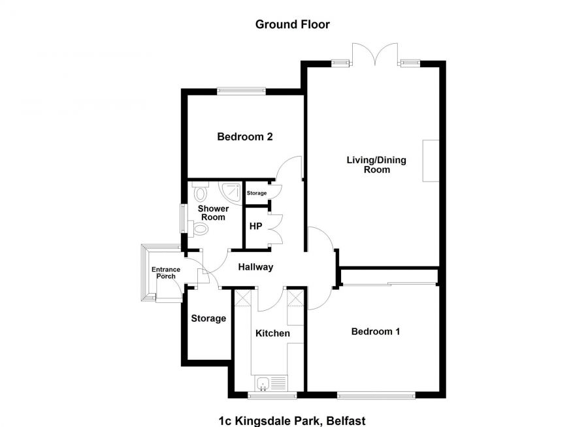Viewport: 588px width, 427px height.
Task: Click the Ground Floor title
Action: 292,25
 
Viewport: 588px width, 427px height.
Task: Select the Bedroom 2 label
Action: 244,137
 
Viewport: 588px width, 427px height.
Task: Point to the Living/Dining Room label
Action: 377,165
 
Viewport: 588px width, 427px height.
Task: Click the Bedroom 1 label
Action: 376,332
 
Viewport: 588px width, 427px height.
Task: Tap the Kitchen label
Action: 272,334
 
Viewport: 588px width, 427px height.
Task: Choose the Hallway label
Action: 255,267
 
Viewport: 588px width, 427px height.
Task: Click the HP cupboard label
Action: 256,227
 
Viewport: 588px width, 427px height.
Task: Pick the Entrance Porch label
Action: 163,273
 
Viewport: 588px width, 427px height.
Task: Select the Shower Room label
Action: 213,213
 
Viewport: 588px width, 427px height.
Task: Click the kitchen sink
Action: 264,384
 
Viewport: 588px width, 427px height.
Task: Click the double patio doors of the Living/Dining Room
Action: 374,55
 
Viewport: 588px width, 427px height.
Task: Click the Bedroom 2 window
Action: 242,92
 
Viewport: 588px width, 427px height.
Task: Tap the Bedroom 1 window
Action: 376,394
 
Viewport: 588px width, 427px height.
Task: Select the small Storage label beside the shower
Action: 257,193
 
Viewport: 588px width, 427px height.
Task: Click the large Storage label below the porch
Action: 208,319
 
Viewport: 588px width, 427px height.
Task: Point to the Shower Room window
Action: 183,218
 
